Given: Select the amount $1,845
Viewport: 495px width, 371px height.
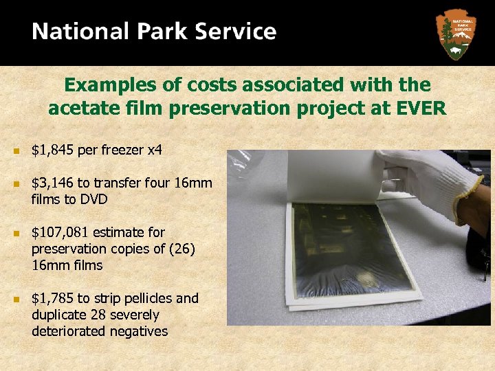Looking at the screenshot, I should click(52, 149).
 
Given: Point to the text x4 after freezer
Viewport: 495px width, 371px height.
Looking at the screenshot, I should click(155, 149).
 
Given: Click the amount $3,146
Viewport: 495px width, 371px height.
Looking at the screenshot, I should click(52, 183).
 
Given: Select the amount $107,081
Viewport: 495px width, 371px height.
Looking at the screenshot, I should click(59, 232).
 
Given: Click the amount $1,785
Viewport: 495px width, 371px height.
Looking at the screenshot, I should click(52, 298).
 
